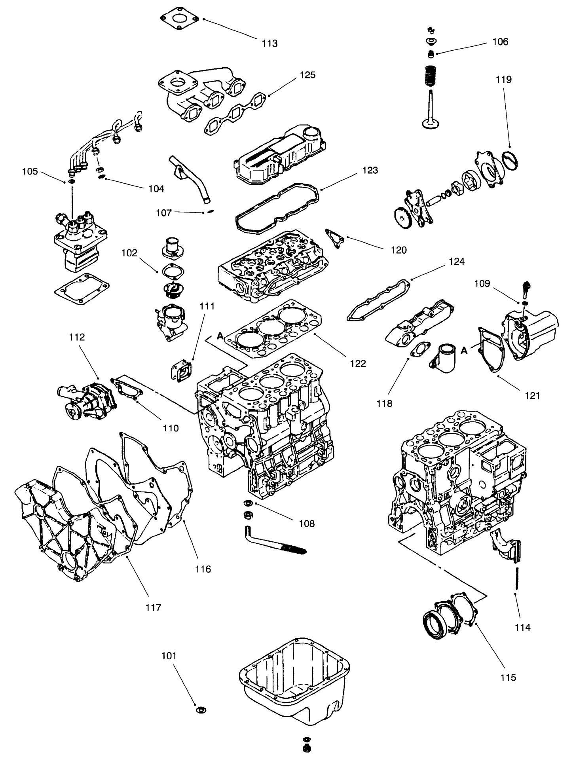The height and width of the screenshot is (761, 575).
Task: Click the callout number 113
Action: coord(269,43)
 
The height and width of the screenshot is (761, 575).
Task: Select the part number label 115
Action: coord(508,677)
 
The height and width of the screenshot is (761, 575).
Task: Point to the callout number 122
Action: coord(358,363)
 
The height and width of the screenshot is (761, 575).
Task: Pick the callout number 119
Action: coord(504,80)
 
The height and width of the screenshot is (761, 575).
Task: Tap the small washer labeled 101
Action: coord(201,709)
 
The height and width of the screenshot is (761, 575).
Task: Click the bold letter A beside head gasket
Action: coord(220,336)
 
